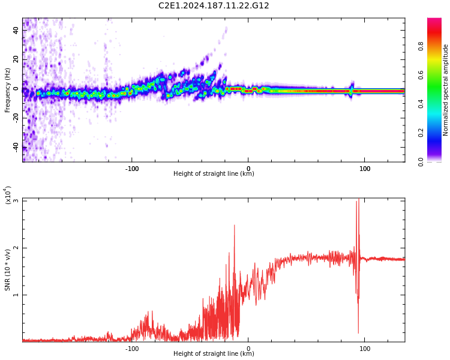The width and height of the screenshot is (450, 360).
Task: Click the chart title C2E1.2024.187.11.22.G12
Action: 214,6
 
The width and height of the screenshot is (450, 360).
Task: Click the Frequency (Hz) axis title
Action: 8,89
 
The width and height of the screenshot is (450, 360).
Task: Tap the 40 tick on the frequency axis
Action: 16,29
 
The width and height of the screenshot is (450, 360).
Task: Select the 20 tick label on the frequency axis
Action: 16,59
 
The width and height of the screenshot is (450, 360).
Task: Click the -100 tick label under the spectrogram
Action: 132,168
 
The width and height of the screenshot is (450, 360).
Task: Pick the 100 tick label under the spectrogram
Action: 365,168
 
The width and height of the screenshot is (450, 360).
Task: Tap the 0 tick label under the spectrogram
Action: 248,168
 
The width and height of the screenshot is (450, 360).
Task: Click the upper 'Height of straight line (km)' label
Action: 214,174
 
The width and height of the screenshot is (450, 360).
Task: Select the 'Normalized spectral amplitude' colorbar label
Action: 446,90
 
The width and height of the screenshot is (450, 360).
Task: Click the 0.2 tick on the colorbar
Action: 437,133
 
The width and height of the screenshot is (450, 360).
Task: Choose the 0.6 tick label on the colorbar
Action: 437,75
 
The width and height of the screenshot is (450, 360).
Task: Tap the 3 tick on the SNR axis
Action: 16,201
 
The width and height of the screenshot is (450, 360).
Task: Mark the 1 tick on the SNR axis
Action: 16,295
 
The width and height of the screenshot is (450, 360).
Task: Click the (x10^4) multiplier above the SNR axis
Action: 8,196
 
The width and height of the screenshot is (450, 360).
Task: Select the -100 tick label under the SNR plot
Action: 132,348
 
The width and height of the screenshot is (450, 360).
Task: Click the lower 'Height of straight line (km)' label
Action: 214,354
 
